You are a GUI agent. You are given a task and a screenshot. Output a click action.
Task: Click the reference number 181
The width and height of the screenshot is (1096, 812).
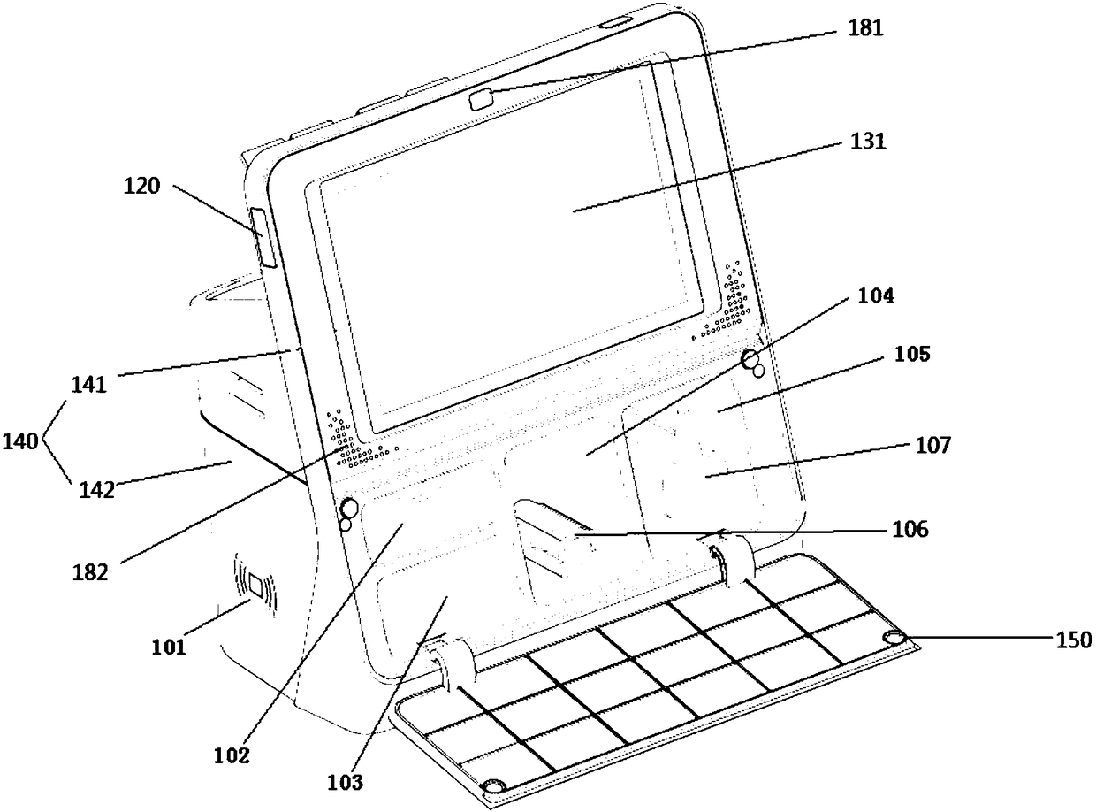[x=864, y=28]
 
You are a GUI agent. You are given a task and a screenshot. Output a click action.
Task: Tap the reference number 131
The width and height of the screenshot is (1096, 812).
[x=865, y=142]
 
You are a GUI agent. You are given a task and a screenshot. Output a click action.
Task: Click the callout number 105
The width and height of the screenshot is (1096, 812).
[x=911, y=355]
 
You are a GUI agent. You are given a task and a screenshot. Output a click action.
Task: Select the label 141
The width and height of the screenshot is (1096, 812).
[x=88, y=384]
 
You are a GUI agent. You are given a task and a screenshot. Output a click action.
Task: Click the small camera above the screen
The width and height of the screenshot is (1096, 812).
[x=482, y=98]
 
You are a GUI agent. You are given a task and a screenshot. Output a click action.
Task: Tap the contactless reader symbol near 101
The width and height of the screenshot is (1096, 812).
[x=255, y=586]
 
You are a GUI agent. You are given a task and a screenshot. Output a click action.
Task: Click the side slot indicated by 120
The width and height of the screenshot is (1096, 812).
[x=264, y=237]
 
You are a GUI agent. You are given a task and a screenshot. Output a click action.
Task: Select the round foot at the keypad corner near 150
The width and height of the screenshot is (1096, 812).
[x=894, y=639]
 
